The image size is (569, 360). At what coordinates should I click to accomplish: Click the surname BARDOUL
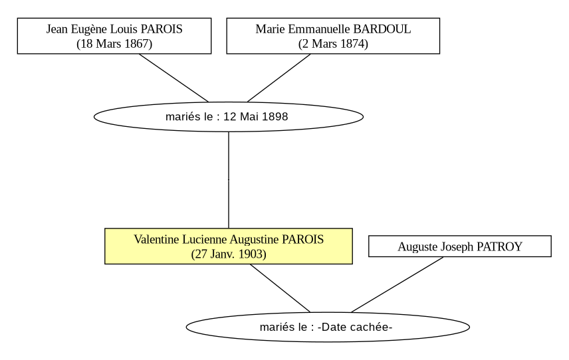(382, 29)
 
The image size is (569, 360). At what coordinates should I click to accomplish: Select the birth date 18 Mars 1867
(114, 44)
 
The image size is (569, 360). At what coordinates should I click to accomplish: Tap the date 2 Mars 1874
(333, 44)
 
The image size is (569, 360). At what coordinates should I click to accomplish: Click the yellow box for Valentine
(229, 246)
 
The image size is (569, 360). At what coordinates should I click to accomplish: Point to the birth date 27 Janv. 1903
(229, 254)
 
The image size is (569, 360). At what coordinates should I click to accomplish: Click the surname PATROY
(499, 247)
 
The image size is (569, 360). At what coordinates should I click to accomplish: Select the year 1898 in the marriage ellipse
(275, 117)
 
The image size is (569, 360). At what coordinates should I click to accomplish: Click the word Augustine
(255, 240)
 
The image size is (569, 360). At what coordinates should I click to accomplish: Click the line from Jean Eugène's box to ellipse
(173, 78)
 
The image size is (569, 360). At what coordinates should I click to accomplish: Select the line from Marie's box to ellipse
(279, 78)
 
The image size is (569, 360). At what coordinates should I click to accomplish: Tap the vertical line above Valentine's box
(229, 180)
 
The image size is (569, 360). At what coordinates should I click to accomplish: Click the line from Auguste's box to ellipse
(398, 284)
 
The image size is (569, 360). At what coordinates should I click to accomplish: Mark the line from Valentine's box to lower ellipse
(280, 288)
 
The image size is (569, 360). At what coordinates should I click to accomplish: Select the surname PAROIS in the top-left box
(161, 29)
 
